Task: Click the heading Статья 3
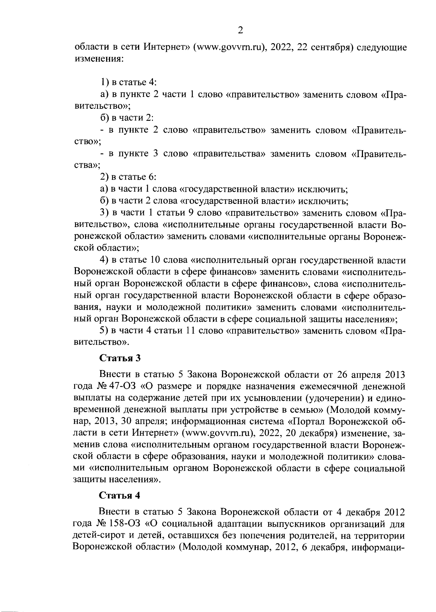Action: (x=120, y=358)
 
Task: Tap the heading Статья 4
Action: (x=120, y=495)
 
